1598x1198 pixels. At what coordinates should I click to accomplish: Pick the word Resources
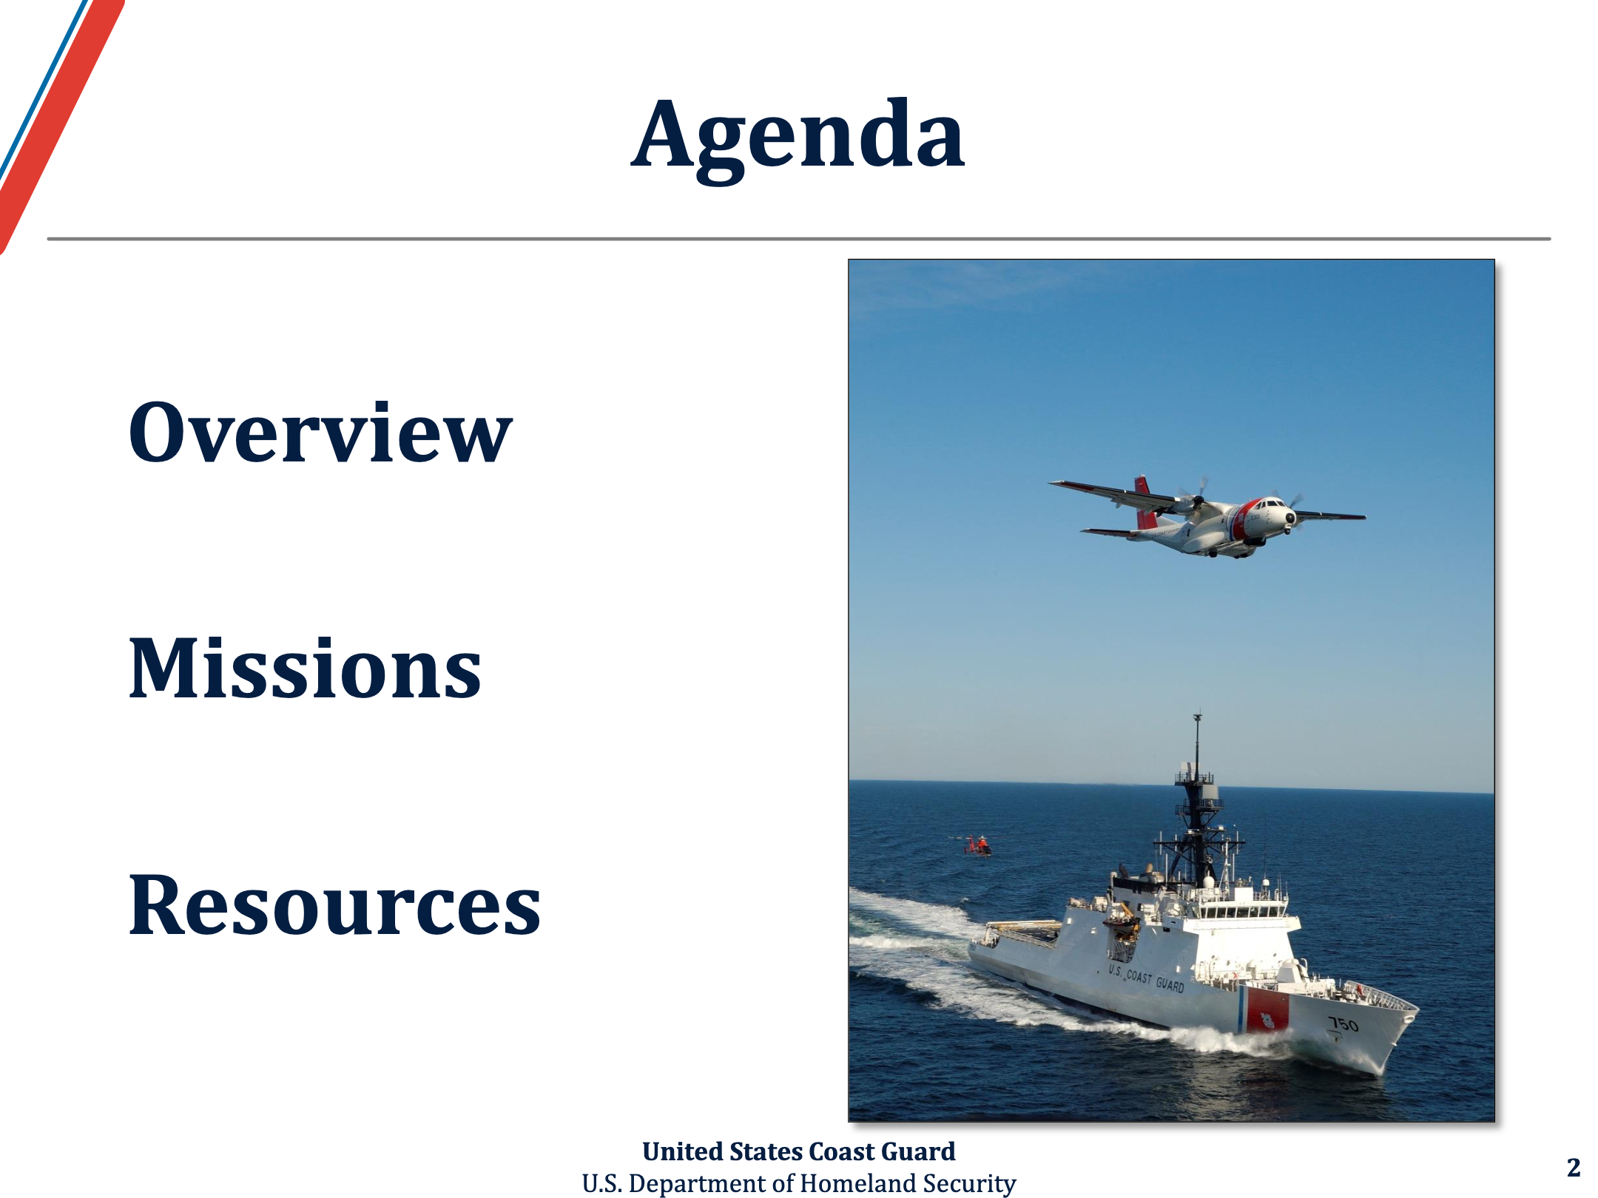pos(334,904)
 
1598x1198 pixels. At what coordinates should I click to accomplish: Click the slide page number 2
pos(1574,1167)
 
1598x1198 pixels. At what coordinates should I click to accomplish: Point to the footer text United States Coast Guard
pos(798,1151)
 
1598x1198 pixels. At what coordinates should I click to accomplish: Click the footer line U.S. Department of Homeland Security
pos(798,1183)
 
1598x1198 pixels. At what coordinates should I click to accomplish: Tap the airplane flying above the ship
pos(1206,516)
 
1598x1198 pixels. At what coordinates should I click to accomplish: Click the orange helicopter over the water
pos(977,846)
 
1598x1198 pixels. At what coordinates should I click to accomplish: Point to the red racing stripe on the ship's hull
pos(1267,1009)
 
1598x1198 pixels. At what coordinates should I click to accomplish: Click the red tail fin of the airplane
pos(1145,502)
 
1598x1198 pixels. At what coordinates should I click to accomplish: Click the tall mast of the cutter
pos(1197,799)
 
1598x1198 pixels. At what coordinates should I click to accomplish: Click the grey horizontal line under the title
pos(799,239)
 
